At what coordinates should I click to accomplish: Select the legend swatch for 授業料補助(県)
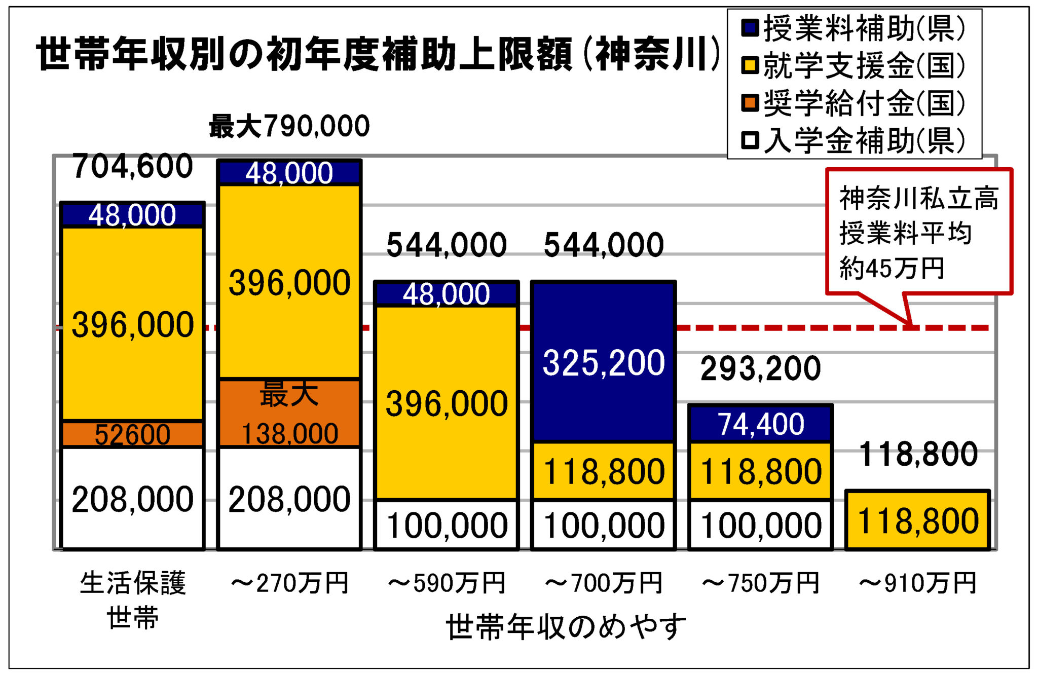coord(750,28)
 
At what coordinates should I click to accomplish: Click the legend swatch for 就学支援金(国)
coord(750,65)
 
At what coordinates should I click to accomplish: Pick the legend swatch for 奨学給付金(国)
coord(750,103)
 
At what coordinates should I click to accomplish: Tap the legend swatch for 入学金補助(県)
coord(750,140)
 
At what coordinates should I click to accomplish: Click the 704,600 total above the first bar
coord(133,166)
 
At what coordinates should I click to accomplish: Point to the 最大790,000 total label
coord(289,126)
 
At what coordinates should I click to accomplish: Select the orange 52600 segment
coord(132,434)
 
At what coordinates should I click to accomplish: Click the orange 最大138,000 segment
coord(289,413)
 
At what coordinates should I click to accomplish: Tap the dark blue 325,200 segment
coord(603,362)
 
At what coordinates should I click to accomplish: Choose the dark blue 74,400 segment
coord(760,424)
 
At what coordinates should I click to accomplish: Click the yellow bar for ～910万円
coord(917,520)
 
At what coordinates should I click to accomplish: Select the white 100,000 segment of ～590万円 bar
coord(447,525)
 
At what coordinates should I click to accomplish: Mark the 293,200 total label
coord(760,368)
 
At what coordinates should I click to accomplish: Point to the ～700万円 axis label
coord(603,583)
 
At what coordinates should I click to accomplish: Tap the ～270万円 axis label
coord(289,583)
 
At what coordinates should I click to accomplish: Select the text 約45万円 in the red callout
coord(892,268)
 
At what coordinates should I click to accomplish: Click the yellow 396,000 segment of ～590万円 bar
coord(447,403)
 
